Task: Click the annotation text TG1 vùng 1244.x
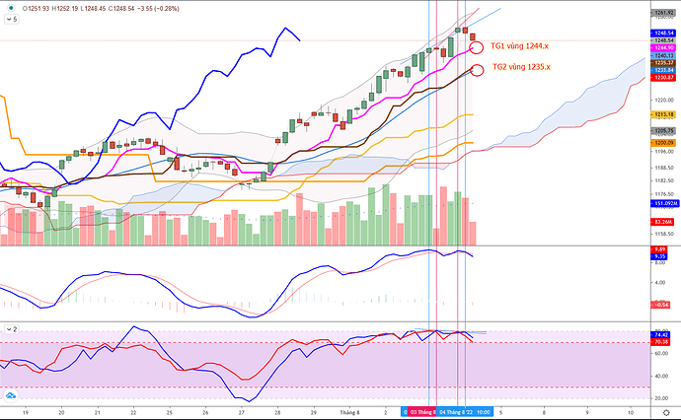pos(520,45)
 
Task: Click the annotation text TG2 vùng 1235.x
pos(521,67)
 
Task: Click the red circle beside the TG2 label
pos(478,68)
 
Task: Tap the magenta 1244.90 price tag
pos(663,46)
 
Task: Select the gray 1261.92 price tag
pos(663,11)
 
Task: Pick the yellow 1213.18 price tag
pos(663,114)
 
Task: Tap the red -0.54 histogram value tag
pos(663,305)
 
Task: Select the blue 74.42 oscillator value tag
pos(663,335)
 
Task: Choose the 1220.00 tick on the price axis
pos(663,100)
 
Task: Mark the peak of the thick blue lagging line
pos(284,29)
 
